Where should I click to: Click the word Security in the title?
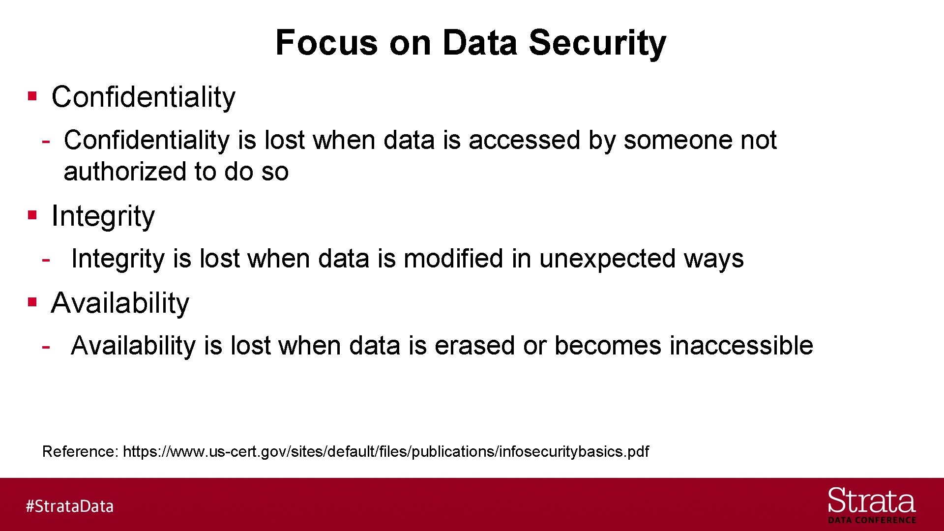click(x=597, y=43)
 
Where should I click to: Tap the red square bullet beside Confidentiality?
click(x=32, y=96)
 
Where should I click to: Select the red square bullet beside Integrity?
click(x=32, y=215)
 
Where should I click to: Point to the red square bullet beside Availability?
click(x=32, y=302)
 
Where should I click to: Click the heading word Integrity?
click(x=103, y=216)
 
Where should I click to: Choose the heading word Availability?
click(x=120, y=303)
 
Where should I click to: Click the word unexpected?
click(x=607, y=260)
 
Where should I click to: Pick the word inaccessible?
click(x=741, y=346)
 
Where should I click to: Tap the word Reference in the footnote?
click(x=80, y=451)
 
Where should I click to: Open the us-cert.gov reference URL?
click(x=385, y=451)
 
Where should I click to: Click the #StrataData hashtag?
click(x=69, y=506)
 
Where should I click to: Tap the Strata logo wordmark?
click(x=871, y=501)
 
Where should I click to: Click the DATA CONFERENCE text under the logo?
click(x=872, y=520)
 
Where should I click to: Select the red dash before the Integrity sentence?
click(x=46, y=259)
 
